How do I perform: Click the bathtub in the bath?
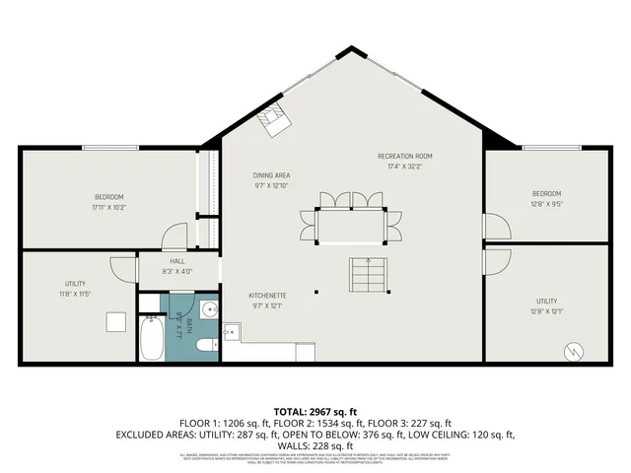click(x=151, y=337)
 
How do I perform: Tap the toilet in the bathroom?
click(x=203, y=344)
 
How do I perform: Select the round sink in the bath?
click(x=208, y=310)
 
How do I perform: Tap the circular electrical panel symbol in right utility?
click(x=573, y=349)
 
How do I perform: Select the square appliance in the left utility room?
click(x=116, y=322)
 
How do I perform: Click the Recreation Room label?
click(x=404, y=156)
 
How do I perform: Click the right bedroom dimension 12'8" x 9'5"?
click(x=546, y=203)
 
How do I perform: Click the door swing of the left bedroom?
click(x=175, y=236)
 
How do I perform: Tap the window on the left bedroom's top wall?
click(x=111, y=148)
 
